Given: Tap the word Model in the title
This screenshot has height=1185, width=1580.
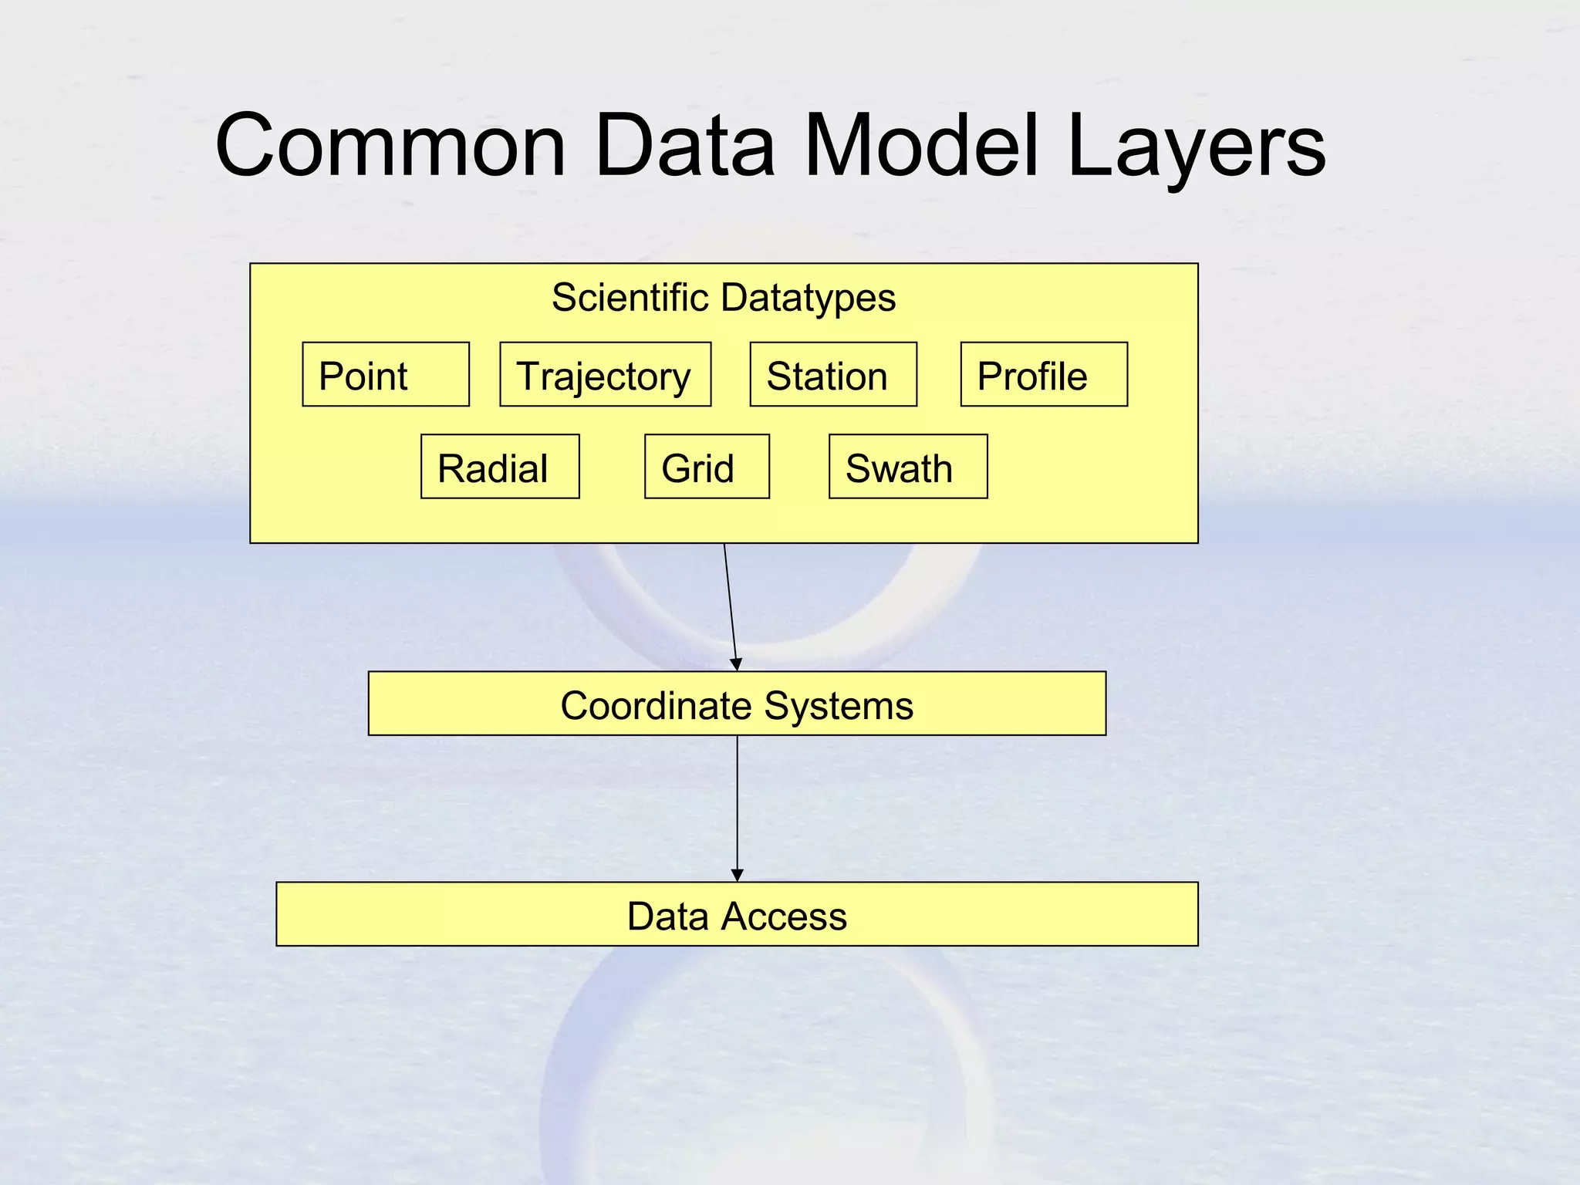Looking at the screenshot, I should [x=921, y=145].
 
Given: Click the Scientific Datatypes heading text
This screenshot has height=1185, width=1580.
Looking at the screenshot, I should [x=723, y=298].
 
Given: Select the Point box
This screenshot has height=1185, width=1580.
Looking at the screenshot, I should [x=386, y=375].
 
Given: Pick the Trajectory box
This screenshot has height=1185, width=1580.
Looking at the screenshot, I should [x=605, y=375].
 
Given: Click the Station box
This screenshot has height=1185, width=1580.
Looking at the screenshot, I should [x=833, y=375].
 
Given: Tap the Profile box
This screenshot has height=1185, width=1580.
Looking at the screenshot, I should [x=1043, y=375].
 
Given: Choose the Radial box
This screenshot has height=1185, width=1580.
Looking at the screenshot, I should [x=500, y=467].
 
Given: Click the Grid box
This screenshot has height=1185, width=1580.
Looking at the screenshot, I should [x=707, y=467].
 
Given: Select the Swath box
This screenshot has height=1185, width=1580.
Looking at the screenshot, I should [x=908, y=467].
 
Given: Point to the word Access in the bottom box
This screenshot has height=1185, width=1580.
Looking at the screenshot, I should [x=784, y=917].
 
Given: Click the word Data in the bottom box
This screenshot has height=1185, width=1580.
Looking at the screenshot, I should [x=667, y=917].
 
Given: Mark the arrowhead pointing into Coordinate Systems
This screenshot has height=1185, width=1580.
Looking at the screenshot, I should [x=736, y=665].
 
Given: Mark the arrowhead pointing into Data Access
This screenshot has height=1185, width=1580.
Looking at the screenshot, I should [x=737, y=876].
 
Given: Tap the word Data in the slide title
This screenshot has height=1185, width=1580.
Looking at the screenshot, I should [x=684, y=145].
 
